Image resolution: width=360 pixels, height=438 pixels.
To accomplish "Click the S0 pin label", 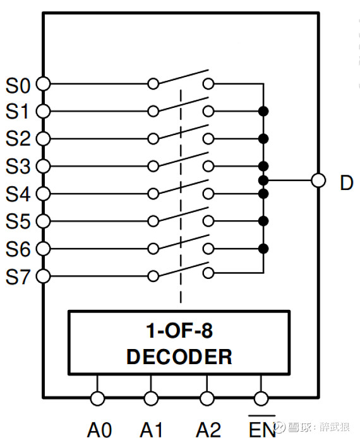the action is [x=18, y=85].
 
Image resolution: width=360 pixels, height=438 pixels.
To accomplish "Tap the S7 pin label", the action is [x=18, y=277].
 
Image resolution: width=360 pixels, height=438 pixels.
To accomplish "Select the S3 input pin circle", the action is [x=44, y=167].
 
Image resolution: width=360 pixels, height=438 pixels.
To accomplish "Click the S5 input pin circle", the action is [x=44, y=222].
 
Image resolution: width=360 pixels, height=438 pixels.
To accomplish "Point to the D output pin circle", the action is [x=318, y=181].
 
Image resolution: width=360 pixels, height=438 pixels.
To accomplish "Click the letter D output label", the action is [x=347, y=182].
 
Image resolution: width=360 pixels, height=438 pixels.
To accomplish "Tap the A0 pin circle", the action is [x=97, y=398].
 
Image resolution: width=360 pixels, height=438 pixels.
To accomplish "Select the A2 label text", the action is [x=208, y=430].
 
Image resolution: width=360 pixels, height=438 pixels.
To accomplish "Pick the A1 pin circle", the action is [x=151, y=398].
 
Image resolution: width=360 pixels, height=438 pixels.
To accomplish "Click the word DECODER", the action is [x=179, y=357].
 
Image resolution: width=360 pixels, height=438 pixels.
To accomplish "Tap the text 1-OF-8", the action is [x=179, y=331].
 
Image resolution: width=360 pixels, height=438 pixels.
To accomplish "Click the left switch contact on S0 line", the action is [x=153, y=84].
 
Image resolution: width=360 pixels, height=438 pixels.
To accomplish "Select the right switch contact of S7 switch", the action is [x=208, y=273].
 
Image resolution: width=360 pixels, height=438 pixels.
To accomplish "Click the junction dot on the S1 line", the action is [x=263, y=112].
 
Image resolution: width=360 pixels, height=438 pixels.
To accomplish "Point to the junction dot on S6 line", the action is [x=263, y=249].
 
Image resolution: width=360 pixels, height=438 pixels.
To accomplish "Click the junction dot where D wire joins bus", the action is [x=263, y=181].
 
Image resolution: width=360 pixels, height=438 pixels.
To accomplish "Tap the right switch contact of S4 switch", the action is [x=208, y=194].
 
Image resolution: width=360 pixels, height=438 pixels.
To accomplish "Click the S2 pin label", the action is [x=18, y=139].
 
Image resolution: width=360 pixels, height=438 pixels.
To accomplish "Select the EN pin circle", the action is [x=261, y=398].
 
